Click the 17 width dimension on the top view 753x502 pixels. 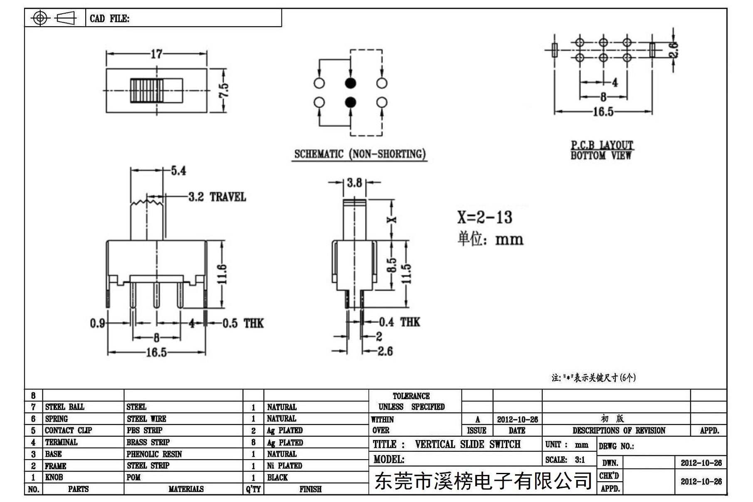(156, 54)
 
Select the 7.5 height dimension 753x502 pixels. (223, 90)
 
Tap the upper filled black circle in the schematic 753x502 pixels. (351, 83)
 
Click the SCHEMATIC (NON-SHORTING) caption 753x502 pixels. (360, 154)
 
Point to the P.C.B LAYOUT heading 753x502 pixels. (602, 145)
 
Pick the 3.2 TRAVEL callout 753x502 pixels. (217, 197)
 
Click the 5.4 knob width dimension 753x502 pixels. (178, 171)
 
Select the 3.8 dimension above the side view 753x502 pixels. (354, 183)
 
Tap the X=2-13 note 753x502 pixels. (485, 218)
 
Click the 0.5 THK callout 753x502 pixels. (243, 323)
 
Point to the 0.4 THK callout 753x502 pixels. (399, 322)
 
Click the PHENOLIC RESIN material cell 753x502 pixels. (154, 454)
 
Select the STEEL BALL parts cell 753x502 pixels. (64, 407)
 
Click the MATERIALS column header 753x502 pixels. (186, 489)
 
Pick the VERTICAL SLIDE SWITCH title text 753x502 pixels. (467, 444)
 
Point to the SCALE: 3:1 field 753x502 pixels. (565, 460)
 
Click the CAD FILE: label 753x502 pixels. (109, 19)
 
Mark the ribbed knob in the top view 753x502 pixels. (146, 91)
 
